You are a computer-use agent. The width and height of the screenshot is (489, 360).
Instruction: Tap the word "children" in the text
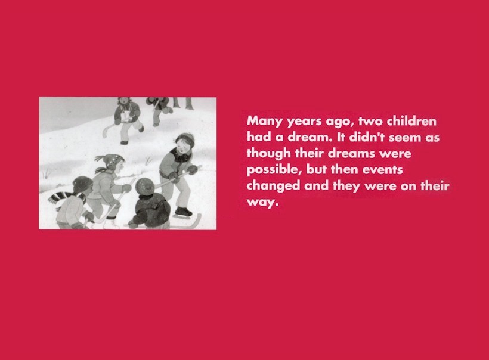[x=411, y=121]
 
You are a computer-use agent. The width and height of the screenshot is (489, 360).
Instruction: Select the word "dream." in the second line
[x=308, y=137]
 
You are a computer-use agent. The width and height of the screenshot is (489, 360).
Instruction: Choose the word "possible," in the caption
[x=274, y=170]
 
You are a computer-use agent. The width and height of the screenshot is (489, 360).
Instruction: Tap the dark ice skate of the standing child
[x=183, y=212]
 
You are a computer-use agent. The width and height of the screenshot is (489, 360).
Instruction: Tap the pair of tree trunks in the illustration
[x=182, y=103]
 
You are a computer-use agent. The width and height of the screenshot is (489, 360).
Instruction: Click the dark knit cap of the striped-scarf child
[x=82, y=184]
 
